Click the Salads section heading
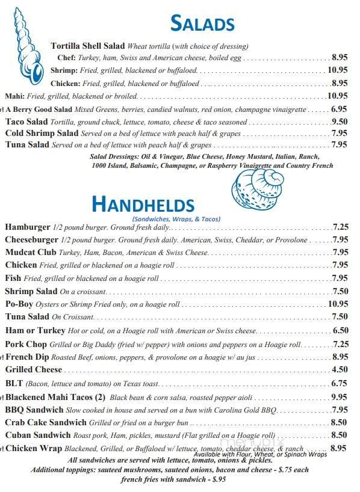tap(202, 23)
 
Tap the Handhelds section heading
tap(143, 204)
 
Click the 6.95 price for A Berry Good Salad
tap(339, 109)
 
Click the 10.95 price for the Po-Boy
tap(338, 304)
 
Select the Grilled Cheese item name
tap(33, 369)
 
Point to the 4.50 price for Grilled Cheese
tap(340, 369)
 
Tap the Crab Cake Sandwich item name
tap(47, 422)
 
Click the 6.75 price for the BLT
tap(340, 383)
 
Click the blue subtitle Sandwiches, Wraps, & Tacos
tap(176, 219)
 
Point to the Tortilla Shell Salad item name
tap(88, 46)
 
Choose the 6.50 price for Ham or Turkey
tap(340, 330)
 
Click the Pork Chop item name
tap(25, 344)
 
